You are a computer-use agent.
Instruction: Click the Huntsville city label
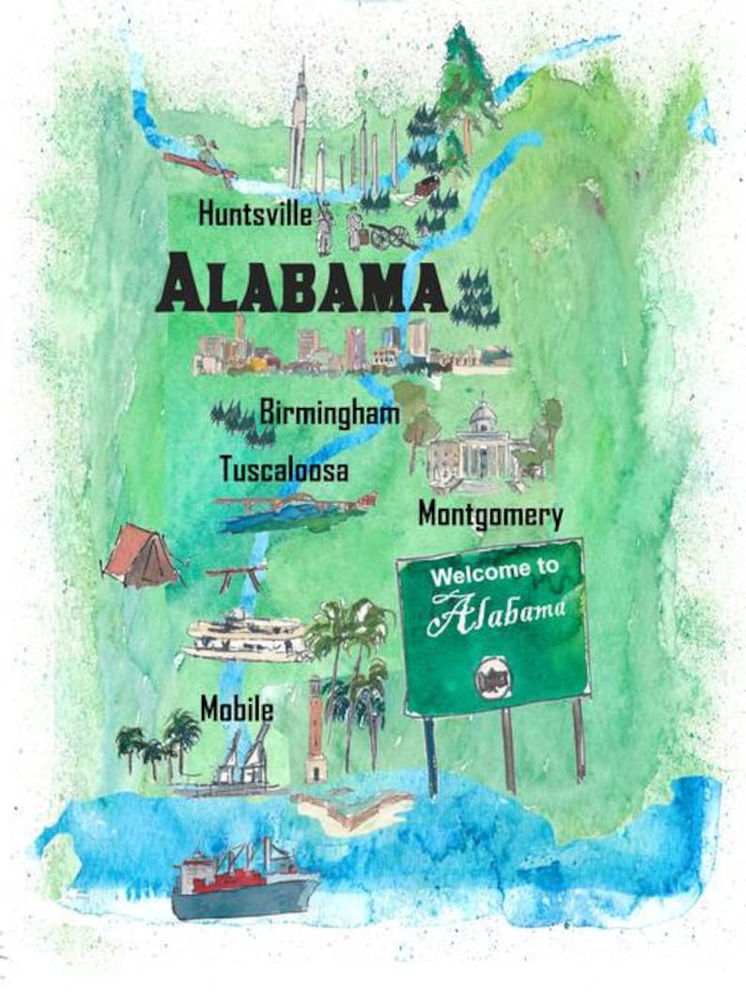pos(254,214)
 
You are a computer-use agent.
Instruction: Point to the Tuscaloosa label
pos(283,468)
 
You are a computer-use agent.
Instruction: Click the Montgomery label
pos(490,515)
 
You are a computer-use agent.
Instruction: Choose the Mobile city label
pos(236,708)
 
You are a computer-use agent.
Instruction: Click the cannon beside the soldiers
pos(390,236)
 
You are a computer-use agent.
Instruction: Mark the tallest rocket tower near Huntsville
pos(299,122)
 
